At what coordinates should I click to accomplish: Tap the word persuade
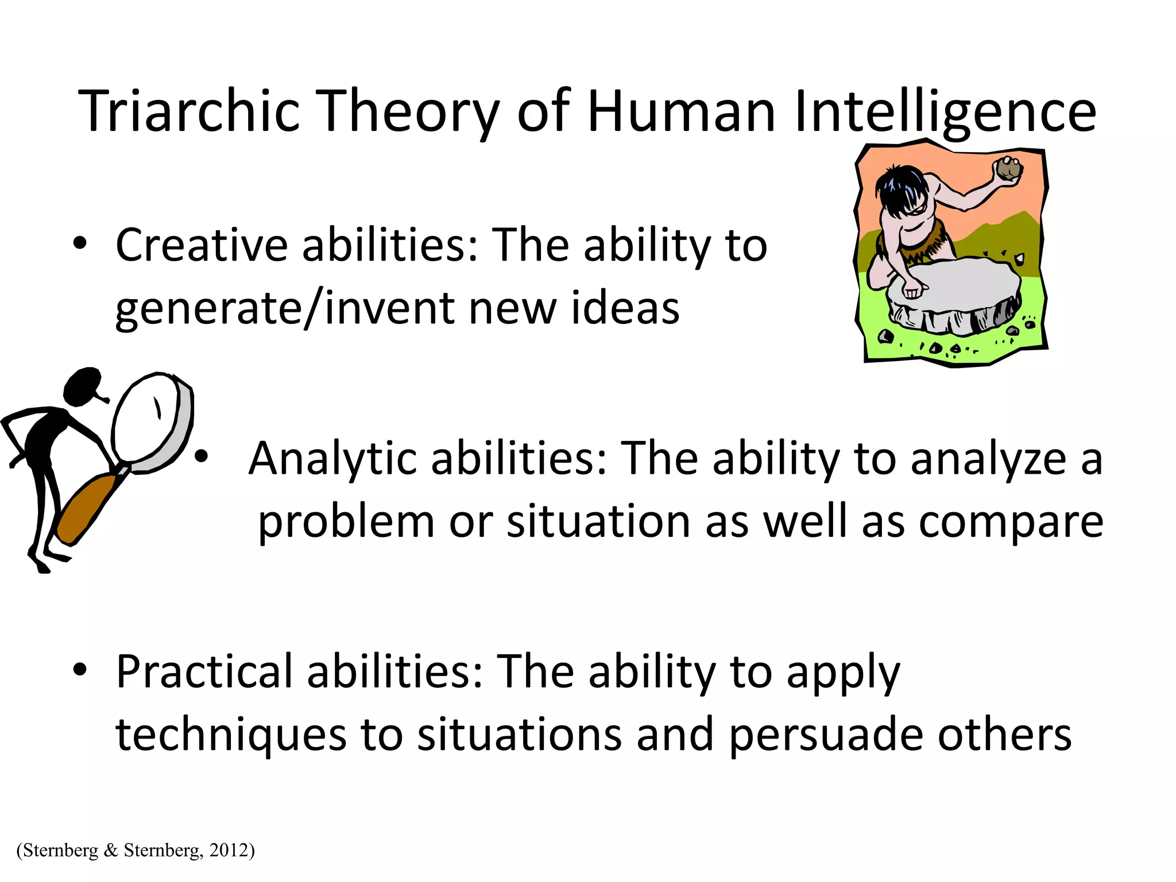(826, 735)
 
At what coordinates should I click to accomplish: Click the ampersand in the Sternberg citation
(111, 850)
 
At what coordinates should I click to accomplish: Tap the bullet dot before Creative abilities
(80, 243)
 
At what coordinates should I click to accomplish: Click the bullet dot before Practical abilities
(80, 669)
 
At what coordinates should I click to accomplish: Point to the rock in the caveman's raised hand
(1008, 169)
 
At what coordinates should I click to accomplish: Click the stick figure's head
(82, 385)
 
